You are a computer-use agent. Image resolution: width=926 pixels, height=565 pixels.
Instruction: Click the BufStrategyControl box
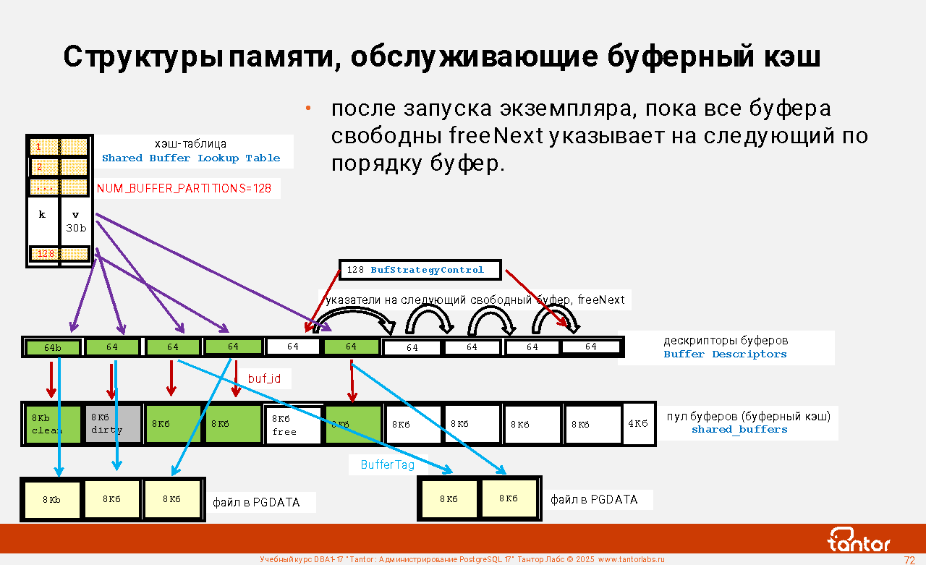pos(420,270)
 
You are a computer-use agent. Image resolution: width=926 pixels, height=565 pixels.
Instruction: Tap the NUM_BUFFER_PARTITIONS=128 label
pos(184,189)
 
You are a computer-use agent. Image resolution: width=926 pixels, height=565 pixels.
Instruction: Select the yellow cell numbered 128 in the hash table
pos(46,254)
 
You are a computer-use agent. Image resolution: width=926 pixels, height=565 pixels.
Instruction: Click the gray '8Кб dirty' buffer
pos(113,424)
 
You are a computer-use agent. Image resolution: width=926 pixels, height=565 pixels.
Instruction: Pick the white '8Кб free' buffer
pos(294,425)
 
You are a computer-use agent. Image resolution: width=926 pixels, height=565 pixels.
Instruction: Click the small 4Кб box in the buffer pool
pos(637,423)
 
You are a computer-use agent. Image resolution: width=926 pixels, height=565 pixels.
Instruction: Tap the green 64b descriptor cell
pos(53,347)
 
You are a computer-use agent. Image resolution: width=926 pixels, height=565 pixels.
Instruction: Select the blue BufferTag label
pos(388,464)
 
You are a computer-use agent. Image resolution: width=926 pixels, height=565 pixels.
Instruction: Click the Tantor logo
pos(859,540)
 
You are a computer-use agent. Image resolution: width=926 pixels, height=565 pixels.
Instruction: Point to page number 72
pos(909,560)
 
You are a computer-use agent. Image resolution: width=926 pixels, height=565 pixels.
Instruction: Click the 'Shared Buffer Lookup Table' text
pos(191,158)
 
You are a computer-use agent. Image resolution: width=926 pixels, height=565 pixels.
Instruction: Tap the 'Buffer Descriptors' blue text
pos(725,354)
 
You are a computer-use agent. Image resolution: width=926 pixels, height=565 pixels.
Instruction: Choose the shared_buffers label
pos(739,430)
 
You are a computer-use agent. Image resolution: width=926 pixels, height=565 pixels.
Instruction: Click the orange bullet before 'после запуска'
pos(307,109)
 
